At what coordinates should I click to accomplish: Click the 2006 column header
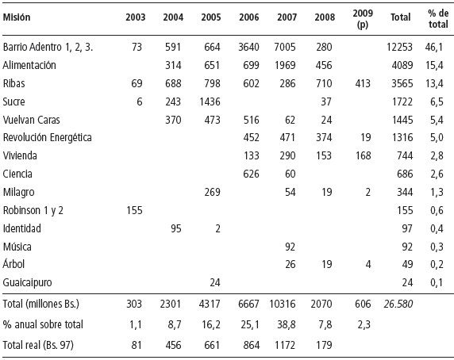249,17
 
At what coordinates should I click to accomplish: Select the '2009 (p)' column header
363,19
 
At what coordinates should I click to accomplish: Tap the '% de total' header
438,18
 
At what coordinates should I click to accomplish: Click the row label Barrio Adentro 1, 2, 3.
48,47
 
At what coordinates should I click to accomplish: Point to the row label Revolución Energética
47,137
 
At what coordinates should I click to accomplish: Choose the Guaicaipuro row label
27,282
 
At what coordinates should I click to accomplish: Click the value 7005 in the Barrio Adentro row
285,47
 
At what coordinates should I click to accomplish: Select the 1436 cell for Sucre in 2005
210,101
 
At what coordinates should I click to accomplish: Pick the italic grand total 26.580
398,304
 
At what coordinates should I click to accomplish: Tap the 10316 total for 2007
283,304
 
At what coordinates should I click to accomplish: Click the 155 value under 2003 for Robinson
134,210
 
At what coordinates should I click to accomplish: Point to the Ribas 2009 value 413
363,83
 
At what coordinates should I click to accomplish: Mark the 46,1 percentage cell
434,47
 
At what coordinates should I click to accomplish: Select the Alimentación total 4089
402,65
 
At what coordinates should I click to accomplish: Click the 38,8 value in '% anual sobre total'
287,325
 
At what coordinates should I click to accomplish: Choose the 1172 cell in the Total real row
285,345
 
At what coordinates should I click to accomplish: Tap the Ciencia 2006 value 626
251,174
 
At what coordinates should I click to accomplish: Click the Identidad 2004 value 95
176,228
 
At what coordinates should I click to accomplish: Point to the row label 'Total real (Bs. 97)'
38,345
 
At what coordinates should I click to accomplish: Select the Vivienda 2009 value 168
363,156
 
